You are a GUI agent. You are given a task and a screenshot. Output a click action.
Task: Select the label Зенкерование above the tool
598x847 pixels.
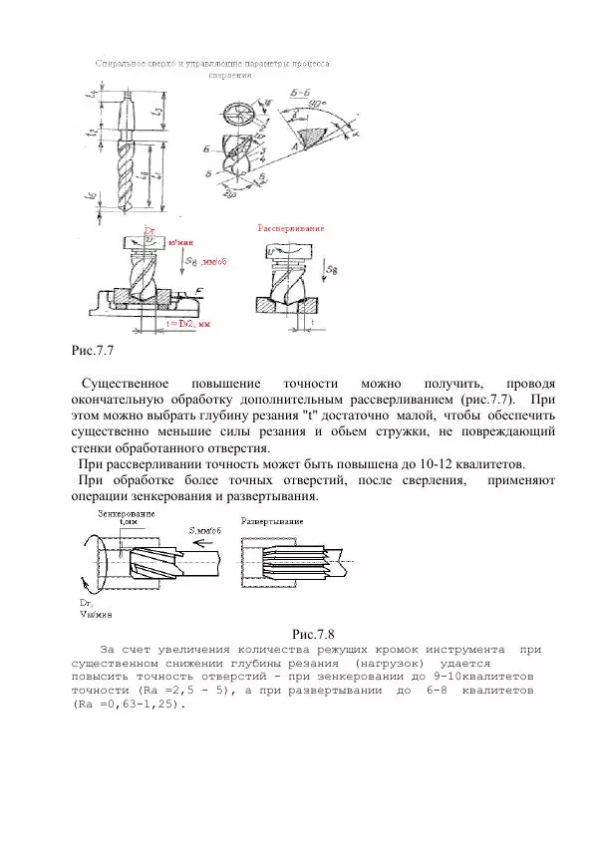[x=127, y=513]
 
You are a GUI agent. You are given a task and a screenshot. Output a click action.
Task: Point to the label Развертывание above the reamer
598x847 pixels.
[x=273, y=521]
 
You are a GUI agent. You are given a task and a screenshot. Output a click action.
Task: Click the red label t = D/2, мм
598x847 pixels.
[x=188, y=324]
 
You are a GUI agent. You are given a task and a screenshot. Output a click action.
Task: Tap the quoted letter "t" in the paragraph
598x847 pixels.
[x=294, y=414]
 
